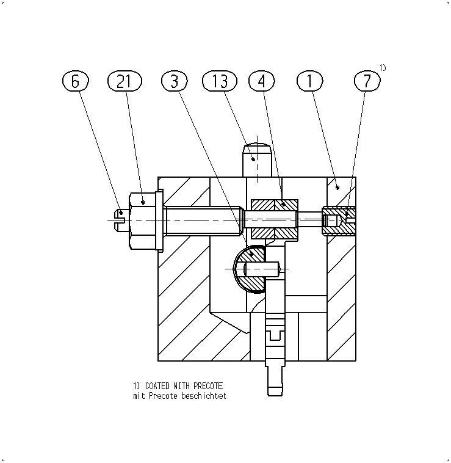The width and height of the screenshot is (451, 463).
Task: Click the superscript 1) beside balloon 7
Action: (x=383, y=68)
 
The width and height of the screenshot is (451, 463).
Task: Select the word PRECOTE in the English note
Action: (x=208, y=386)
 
